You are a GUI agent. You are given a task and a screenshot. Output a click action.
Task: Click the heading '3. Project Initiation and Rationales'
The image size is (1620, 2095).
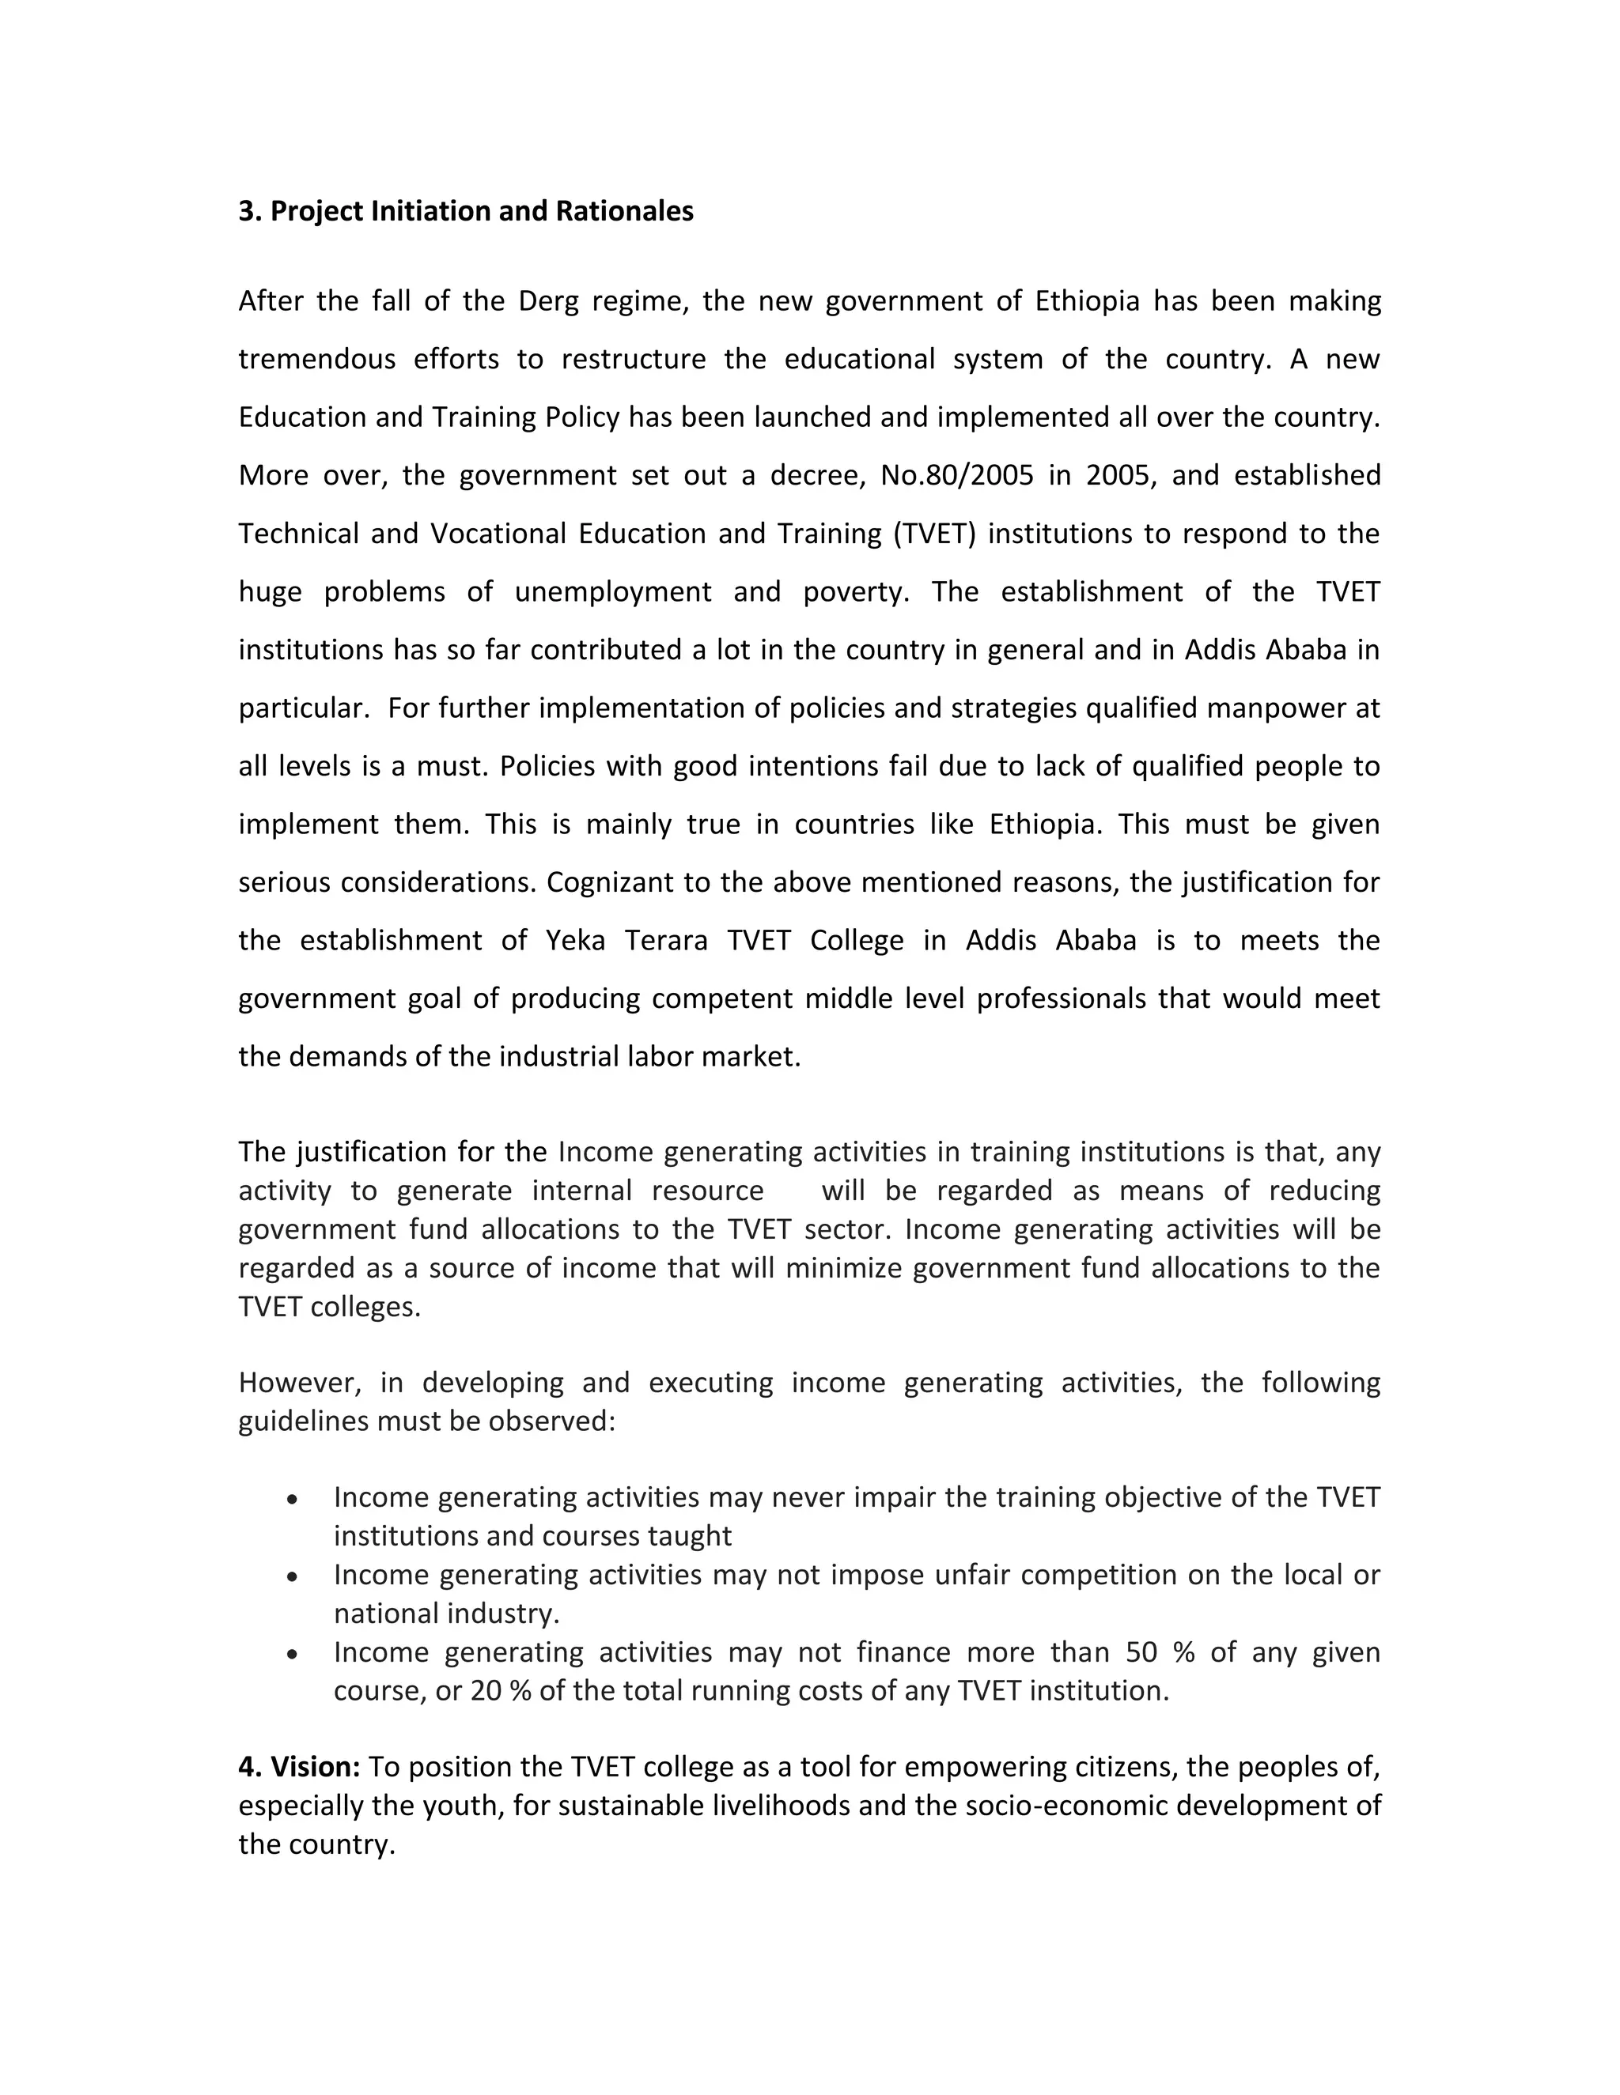[x=465, y=211]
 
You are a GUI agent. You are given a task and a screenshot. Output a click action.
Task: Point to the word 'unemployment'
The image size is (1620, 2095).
[x=612, y=592]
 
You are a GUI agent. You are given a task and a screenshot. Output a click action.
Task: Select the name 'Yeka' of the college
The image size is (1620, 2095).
[x=575, y=940]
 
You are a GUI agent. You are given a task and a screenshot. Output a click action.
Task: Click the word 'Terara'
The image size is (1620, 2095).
[x=665, y=940]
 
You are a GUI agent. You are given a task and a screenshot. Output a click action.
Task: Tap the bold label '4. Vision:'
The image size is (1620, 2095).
[x=298, y=1767]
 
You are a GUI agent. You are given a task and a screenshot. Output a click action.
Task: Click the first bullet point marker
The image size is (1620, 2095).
[x=292, y=1498]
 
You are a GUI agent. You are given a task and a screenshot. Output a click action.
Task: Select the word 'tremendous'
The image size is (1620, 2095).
[x=316, y=360]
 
